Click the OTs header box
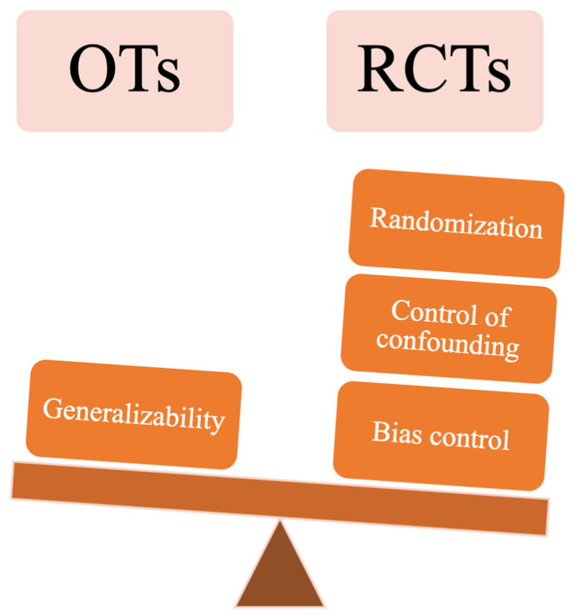[125, 71]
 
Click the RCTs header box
[434, 71]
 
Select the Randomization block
[456, 224]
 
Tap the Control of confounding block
[449, 327]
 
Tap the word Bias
[392, 431]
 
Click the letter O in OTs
[95, 71]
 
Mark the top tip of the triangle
[280, 523]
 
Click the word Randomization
[456, 224]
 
